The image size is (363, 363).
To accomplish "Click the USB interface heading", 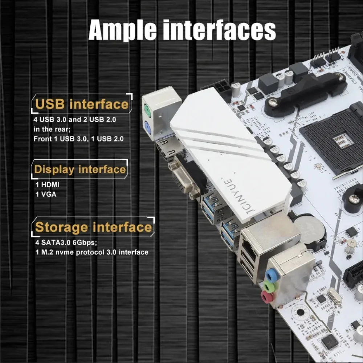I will [82, 104].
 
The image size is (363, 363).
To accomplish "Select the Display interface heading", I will [80, 170].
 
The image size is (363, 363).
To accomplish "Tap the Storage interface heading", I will [93, 227].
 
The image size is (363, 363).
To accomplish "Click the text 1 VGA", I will [46, 194].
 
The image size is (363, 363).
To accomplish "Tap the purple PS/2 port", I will [148, 127].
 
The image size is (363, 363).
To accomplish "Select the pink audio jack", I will [267, 298].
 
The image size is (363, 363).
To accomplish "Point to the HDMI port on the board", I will [166, 149].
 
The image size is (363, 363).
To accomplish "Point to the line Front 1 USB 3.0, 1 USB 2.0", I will [78, 139].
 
